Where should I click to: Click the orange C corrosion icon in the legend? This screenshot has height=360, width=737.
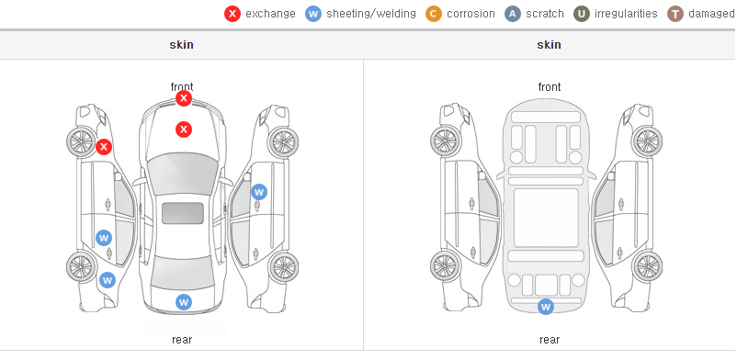[x=434, y=14]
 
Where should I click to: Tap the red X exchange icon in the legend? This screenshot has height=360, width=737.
[x=232, y=14]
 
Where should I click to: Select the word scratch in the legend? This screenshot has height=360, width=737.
[x=545, y=14]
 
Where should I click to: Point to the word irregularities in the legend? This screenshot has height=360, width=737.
[x=626, y=14]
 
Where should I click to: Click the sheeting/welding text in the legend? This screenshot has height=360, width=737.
[x=371, y=14]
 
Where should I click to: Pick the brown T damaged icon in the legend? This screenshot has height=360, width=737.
[x=675, y=14]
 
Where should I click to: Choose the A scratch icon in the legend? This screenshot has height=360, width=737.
[x=513, y=14]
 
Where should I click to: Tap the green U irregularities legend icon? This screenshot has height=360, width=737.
[x=582, y=14]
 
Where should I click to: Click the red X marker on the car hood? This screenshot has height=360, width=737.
[x=184, y=129]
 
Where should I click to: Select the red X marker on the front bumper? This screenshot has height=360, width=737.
[x=184, y=98]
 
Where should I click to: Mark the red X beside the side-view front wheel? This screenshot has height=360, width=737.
[x=104, y=147]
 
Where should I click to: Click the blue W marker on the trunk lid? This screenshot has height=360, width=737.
[x=184, y=302]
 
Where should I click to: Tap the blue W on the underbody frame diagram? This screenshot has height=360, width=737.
[x=546, y=307]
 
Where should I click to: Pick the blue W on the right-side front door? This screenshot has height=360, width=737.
[x=259, y=192]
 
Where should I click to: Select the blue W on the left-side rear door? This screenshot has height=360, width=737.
[x=104, y=237]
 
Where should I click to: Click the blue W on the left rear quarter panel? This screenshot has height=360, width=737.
[x=108, y=280]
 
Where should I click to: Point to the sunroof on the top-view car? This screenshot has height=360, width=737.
[x=183, y=213]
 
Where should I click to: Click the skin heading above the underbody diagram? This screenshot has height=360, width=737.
[x=549, y=45]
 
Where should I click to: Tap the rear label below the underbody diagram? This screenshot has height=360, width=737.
[x=550, y=339]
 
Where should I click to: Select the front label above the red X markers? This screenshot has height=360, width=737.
[x=182, y=86]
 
